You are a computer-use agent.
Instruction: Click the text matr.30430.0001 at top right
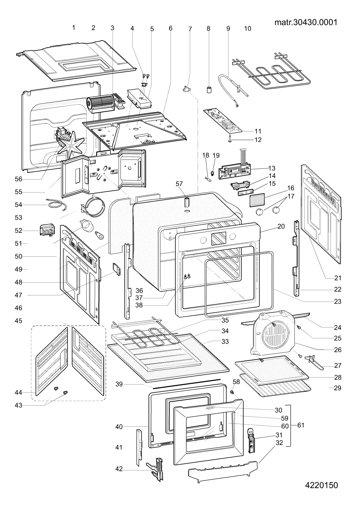[x=306, y=22]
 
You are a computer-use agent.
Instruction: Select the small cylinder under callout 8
[x=209, y=90]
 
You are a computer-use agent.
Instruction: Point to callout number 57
[x=179, y=184]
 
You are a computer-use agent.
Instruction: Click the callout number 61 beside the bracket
[x=301, y=425]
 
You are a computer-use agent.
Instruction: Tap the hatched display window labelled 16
[x=257, y=200]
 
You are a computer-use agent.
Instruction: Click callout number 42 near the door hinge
[x=119, y=469]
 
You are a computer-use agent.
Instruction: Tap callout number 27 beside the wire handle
[x=338, y=365]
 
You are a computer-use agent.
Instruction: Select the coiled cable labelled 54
[x=57, y=205]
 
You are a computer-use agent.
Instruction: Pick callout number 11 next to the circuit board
[x=258, y=131]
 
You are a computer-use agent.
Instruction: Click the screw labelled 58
[x=232, y=392]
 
